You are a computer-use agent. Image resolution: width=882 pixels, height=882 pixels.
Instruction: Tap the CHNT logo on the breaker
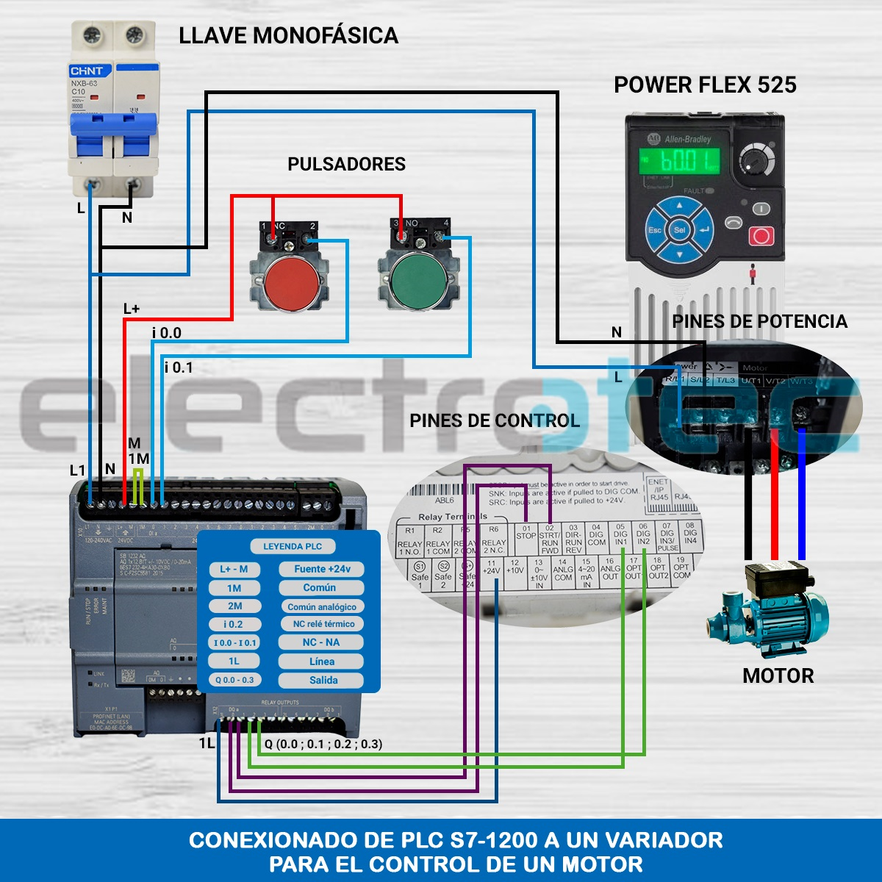(x=87, y=71)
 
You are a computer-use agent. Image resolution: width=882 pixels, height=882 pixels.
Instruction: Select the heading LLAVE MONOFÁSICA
(x=288, y=35)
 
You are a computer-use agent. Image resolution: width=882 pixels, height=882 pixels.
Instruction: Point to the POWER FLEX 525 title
(x=705, y=85)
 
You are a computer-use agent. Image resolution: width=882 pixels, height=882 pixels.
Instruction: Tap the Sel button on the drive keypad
(x=680, y=230)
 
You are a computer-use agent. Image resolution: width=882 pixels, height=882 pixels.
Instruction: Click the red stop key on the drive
(x=761, y=237)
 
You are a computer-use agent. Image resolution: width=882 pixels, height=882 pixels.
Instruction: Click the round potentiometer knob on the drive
(x=757, y=159)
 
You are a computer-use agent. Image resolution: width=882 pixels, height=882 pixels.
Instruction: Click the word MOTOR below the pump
(x=778, y=676)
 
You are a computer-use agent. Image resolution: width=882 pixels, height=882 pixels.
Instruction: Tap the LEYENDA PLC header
(x=293, y=546)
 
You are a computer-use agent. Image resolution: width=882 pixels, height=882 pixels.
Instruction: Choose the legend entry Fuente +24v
(x=322, y=569)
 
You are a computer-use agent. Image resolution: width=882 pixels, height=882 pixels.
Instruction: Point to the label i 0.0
(x=167, y=333)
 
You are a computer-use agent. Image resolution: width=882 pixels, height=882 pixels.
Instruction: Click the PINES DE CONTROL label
(x=495, y=420)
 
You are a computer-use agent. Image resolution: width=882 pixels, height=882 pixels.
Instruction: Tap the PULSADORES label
(x=346, y=164)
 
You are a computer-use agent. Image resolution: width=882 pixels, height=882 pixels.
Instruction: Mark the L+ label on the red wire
(x=132, y=309)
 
